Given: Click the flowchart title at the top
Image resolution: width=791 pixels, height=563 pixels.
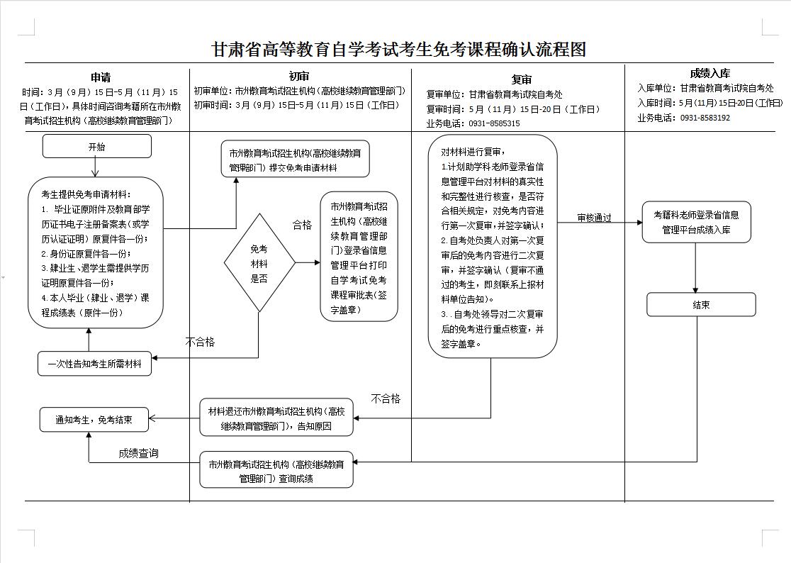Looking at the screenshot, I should [399, 50].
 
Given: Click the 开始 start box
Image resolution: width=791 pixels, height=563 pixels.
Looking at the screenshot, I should [96, 147].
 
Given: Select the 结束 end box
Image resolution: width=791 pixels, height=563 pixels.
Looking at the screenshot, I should [701, 305].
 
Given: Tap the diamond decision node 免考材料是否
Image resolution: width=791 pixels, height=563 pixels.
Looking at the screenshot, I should [259, 262].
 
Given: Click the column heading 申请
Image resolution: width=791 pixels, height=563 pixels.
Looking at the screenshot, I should [100, 77].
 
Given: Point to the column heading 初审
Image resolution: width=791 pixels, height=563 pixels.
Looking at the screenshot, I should [299, 76].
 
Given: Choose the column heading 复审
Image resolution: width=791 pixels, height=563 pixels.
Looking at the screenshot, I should [521, 79].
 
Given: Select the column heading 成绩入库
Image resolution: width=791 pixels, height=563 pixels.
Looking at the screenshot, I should [710, 73].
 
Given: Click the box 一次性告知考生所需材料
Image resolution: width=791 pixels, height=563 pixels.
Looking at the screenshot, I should [94, 364].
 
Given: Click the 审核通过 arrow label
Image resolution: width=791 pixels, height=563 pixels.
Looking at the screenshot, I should [594, 218].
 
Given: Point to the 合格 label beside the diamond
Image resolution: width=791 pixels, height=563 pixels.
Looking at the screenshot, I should [303, 225].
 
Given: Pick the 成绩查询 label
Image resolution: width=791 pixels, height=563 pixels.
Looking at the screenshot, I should [139, 453].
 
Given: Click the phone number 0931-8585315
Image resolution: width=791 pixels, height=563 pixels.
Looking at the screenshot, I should [493, 123].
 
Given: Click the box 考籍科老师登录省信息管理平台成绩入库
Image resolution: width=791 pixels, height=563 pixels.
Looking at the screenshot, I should [696, 222].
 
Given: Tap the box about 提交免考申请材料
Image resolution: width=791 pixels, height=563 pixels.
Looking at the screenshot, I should [295, 160].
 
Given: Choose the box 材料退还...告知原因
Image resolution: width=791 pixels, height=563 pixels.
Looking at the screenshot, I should [276, 419].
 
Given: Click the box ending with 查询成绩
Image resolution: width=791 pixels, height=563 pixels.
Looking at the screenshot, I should [276, 471].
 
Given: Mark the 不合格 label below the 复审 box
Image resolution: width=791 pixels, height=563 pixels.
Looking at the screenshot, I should [386, 398].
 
